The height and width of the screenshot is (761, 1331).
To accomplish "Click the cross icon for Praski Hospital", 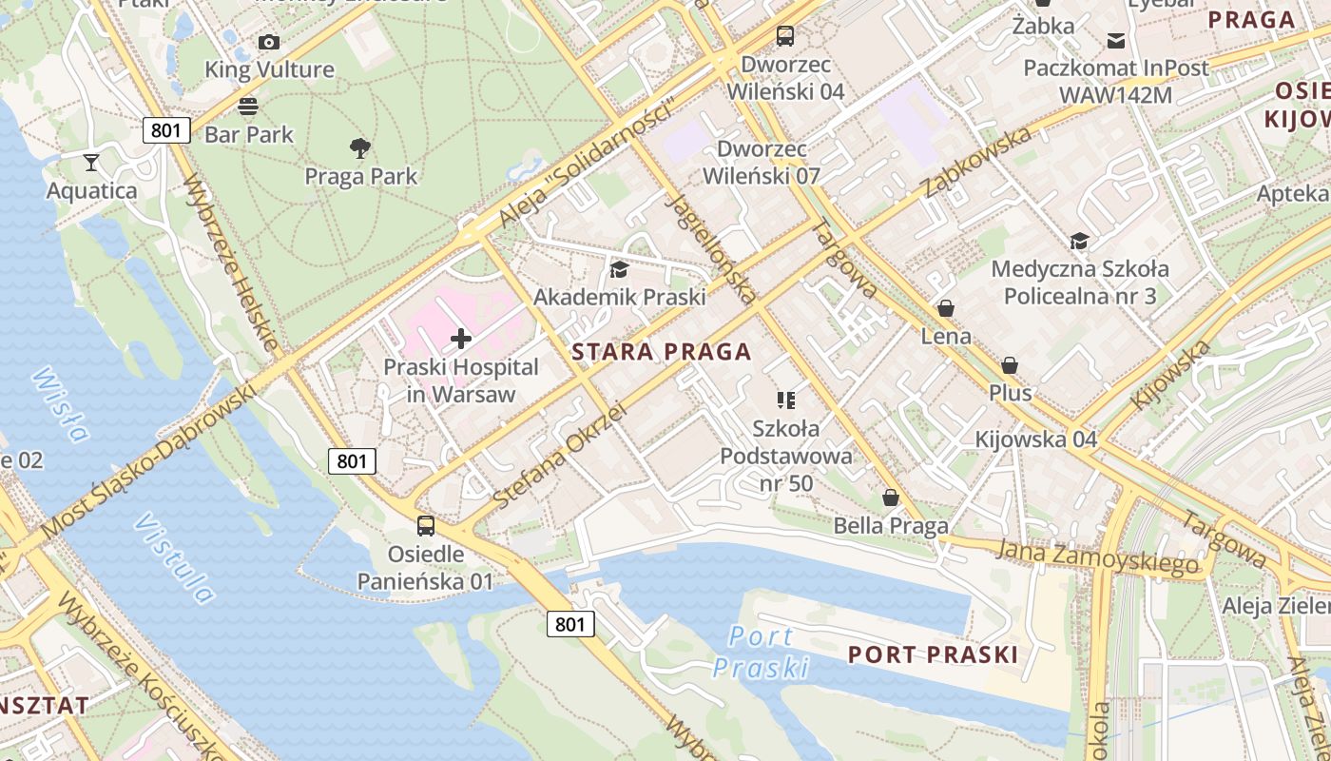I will coord(461,339).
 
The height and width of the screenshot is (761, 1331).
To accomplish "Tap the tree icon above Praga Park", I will coord(359,148).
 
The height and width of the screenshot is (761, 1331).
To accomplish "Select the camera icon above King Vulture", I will coord(269,42).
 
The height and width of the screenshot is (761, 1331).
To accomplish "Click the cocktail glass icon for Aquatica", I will coord(91,163).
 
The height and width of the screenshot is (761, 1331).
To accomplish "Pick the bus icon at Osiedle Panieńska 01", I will coord(426,525).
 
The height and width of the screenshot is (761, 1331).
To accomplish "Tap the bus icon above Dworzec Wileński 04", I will coord(784,36).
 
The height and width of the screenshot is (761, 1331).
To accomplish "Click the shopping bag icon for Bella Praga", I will coord(891,498).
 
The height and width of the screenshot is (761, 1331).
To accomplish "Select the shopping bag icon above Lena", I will coord(945,308).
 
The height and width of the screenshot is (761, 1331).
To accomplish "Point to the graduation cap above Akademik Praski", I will coord(619,270).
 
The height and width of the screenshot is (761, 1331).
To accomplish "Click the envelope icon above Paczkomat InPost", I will coord(1115,40).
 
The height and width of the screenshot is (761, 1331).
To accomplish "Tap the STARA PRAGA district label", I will coord(662,352).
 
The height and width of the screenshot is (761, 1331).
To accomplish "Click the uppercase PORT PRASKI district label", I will coord(933,654).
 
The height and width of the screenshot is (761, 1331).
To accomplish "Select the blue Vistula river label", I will coord(175,558).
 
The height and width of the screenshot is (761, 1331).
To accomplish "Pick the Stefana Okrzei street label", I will coord(560,454).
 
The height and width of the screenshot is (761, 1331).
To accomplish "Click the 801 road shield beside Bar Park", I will coord(166,130).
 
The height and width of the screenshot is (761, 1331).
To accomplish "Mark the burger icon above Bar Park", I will coord(248,106).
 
